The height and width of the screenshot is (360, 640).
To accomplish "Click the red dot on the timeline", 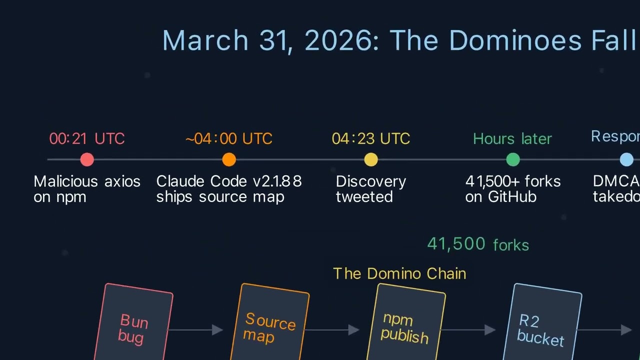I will [x=87, y=159].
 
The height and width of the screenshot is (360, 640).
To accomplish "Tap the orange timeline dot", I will [x=229, y=159].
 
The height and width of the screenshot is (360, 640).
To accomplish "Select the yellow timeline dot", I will [x=371, y=159].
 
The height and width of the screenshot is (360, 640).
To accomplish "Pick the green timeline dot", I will [x=513, y=159].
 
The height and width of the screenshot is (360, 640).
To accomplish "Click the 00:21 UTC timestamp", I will [x=87, y=138].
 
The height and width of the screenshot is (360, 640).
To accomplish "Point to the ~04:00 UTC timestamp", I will [x=229, y=138].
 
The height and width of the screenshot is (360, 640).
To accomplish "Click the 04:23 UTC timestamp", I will [x=371, y=138].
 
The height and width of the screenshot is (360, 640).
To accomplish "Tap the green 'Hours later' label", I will [x=512, y=138].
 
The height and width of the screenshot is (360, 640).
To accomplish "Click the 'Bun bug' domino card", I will [x=133, y=325].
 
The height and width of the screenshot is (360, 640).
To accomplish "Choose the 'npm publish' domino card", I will [x=406, y=325].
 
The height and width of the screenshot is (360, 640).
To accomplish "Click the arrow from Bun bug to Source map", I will [x=197, y=329].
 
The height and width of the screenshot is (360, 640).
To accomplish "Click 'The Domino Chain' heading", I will [x=399, y=273].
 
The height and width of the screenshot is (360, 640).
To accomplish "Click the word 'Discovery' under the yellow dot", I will [x=370, y=181].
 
